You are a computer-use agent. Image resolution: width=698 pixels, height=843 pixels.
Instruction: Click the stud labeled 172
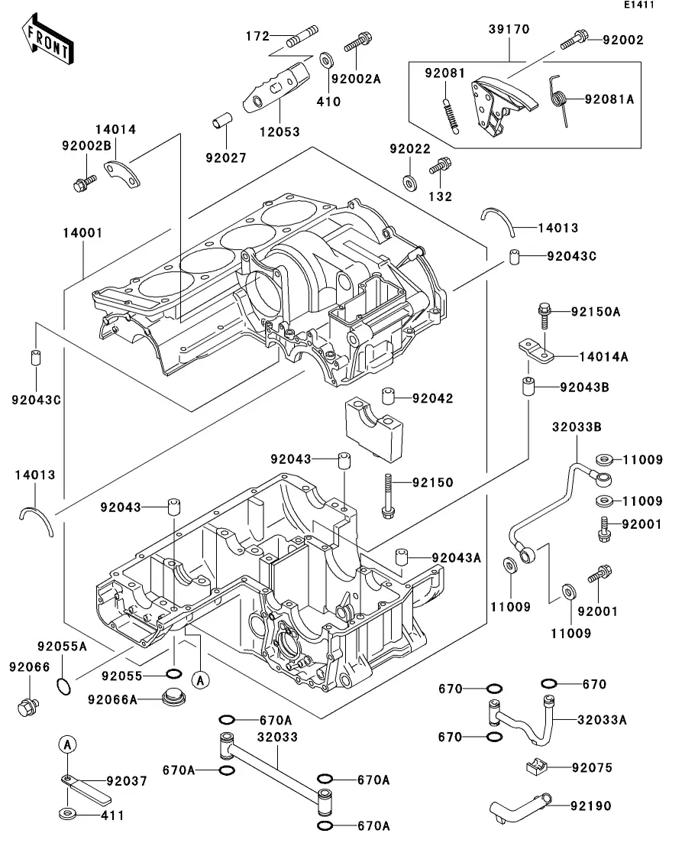(301, 37)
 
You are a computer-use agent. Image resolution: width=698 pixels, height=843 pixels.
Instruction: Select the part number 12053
(279, 131)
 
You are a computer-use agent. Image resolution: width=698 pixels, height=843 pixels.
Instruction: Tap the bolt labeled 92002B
(84, 183)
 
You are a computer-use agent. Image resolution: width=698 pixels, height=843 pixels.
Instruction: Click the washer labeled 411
(68, 812)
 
